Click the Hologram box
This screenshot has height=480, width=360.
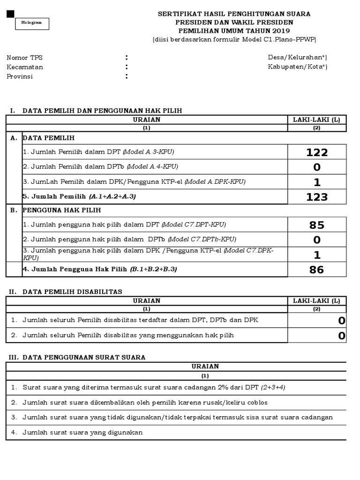(32, 23)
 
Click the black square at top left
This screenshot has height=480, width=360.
(10, 15)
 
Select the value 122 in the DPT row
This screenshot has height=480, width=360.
(317, 152)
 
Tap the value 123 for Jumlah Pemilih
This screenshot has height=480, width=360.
(317, 197)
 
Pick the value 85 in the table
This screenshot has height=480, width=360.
(317, 225)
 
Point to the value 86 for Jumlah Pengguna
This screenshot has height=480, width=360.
(317, 270)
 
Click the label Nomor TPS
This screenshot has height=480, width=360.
(24, 58)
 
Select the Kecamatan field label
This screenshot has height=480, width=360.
(25, 67)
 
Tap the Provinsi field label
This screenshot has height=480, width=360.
(20, 76)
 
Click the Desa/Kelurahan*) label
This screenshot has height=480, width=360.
(298, 58)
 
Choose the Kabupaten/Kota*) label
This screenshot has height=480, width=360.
(298, 67)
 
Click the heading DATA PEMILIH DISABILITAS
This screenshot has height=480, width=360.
(72, 292)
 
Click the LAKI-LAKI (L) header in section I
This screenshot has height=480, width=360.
(316, 120)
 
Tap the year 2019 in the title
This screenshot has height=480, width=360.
(280, 31)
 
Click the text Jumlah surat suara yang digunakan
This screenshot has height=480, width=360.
(82, 432)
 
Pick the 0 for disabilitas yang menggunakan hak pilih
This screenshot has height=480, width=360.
(342, 336)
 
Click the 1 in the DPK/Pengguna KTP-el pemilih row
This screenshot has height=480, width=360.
(317, 182)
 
